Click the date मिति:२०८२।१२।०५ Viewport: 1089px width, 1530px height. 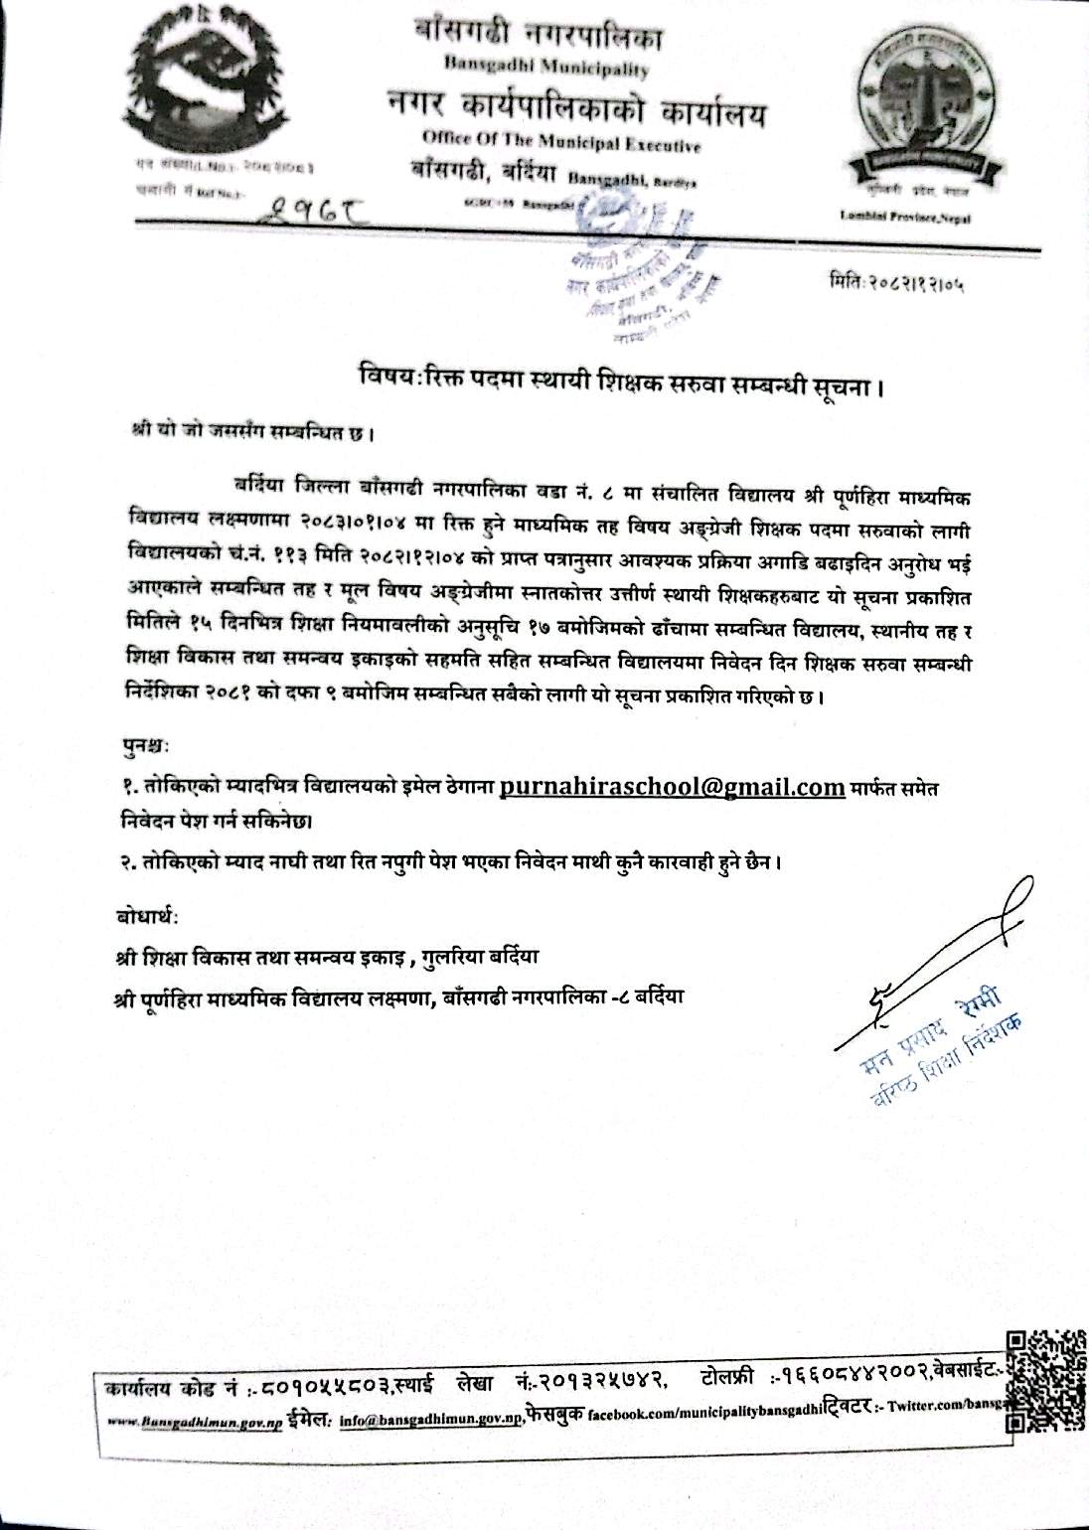click(899, 284)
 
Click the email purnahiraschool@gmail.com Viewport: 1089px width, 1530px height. click(673, 787)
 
